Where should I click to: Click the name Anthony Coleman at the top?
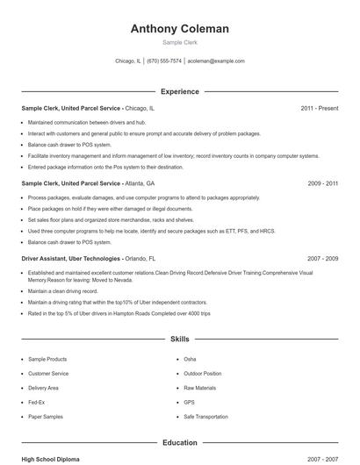point(179,29)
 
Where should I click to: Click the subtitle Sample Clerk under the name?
point(179,42)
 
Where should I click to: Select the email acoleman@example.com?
point(216,61)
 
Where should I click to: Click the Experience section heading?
point(179,91)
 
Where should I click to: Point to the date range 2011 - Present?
point(319,108)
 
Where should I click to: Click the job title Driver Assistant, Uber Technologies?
point(70,260)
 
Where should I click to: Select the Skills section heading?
point(179,338)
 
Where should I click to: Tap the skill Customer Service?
point(48,374)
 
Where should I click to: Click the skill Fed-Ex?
point(37,402)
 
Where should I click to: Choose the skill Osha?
point(190,360)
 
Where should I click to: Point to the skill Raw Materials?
point(200,388)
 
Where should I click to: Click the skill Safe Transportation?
point(207,416)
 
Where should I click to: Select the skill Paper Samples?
point(47,416)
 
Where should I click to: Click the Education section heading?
point(179,443)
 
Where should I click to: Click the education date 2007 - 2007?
point(319,459)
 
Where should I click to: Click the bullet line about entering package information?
point(105,167)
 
